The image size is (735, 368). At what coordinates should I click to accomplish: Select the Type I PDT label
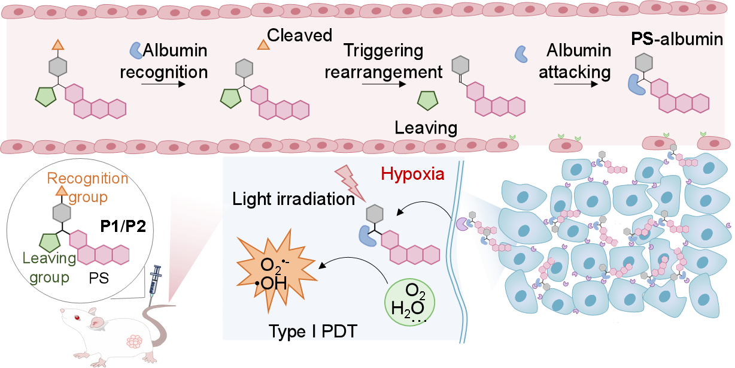tap(313, 331)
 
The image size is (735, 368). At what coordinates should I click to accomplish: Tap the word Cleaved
tap(300, 35)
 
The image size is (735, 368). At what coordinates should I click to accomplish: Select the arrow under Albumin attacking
tap(575, 85)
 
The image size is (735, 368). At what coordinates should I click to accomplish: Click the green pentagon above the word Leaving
tap(428, 100)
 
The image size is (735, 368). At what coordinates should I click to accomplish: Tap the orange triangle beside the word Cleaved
tap(262, 44)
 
